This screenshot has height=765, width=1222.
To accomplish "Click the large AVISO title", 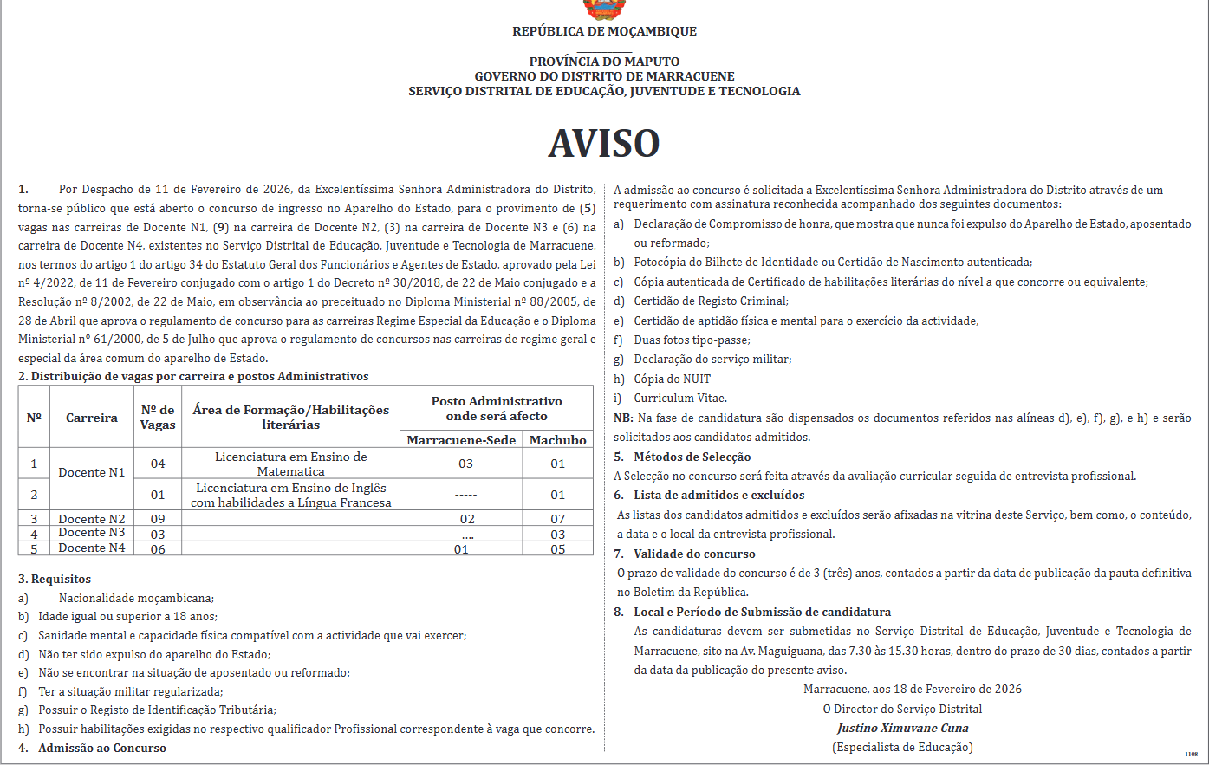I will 604,144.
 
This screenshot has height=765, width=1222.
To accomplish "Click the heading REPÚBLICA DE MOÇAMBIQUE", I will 604,31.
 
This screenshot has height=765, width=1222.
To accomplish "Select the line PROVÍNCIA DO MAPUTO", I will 604,62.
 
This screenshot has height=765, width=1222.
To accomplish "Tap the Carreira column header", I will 92,418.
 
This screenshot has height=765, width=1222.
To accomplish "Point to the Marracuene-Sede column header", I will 461,440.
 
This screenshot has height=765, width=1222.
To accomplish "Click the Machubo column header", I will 558,440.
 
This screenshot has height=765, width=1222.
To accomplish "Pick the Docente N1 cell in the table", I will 92,472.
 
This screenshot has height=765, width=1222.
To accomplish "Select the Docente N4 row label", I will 92,548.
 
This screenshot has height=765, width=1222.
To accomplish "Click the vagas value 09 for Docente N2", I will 158,519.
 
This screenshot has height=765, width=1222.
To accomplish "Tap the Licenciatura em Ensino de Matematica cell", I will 291,464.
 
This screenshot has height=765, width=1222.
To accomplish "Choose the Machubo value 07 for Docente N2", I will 558,519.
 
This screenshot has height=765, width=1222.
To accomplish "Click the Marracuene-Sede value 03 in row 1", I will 465,464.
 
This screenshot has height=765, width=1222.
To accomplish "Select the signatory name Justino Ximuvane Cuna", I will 903,728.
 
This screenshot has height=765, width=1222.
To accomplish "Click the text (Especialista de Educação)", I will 902,747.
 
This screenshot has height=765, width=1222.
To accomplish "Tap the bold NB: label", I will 623,418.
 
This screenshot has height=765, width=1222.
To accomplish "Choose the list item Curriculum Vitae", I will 680,399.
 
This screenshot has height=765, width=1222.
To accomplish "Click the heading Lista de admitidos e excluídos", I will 718,495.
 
